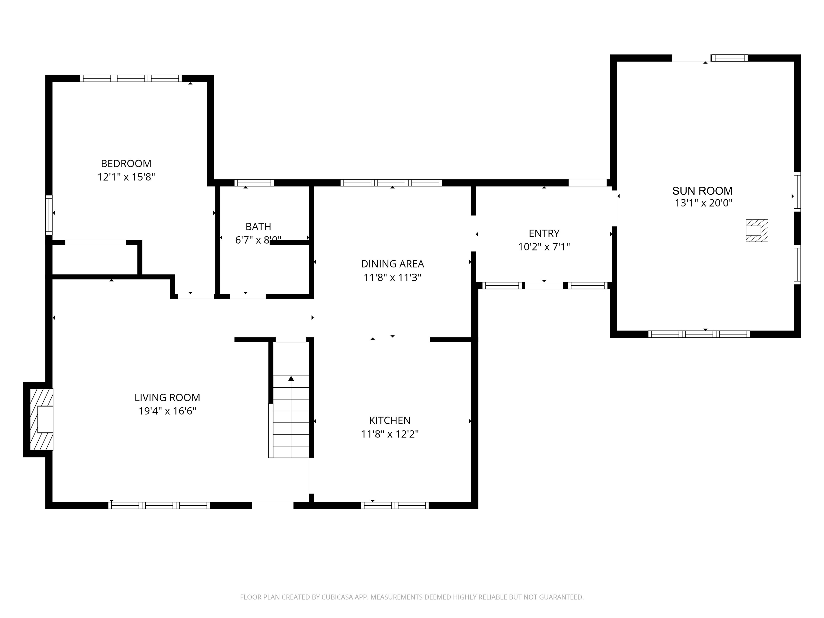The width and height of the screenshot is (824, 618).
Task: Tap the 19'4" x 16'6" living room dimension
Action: tap(167, 411)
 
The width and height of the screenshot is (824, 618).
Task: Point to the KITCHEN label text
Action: tap(390, 420)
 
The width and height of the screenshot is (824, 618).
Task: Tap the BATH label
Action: tap(258, 226)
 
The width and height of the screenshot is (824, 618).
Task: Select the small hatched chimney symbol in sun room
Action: tap(757, 231)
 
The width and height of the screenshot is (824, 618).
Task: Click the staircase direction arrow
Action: tap(291, 378)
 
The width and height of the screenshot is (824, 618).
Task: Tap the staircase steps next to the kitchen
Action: tap(291, 421)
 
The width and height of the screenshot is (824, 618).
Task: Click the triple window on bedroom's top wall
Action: tap(131, 78)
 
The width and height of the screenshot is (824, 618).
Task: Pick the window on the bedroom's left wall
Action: tap(49, 215)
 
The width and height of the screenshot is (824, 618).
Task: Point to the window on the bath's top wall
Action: tap(254, 183)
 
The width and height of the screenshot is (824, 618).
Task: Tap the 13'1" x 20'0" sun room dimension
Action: tap(703, 203)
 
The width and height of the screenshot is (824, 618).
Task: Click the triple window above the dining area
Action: tap(391, 183)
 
